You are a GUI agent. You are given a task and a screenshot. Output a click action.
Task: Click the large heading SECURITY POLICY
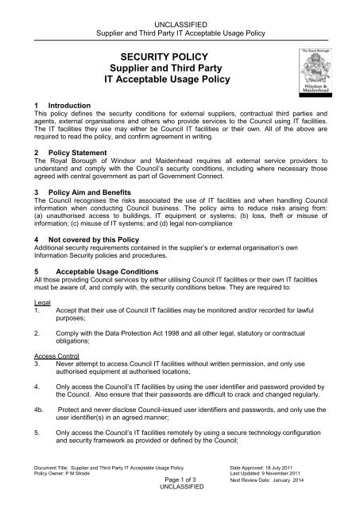[x=180, y=56]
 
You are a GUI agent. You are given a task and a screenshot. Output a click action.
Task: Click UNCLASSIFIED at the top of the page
[x=180, y=6]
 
